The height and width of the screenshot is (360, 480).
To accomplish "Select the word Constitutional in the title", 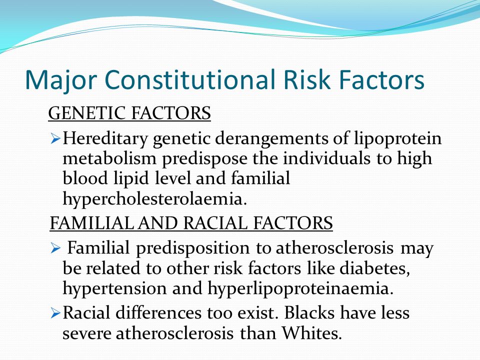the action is pos(190,79).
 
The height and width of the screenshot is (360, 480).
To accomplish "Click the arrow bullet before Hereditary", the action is pos(55,139).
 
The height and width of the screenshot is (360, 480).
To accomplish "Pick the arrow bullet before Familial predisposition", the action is pos(55,248).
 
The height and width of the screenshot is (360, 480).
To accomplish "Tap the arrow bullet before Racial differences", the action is pos(55,314).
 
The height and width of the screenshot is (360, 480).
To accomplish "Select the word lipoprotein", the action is pos(398,138).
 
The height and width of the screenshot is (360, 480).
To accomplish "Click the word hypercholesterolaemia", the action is pos(154,199).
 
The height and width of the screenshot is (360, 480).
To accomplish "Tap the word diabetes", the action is pos(374,268).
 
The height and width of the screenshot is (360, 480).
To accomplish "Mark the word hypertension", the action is pos(115,288).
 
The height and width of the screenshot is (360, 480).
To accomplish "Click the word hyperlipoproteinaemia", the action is pos(300,288).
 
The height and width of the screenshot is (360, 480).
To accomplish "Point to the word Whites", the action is pos(311,333).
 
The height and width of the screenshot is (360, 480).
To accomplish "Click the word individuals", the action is pos(326,158).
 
